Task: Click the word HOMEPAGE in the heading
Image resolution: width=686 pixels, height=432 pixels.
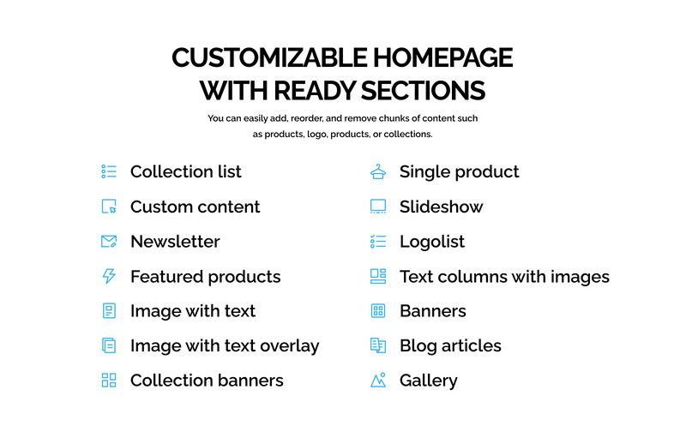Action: pyautogui.click(x=442, y=57)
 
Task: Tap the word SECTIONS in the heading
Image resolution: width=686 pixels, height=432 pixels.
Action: pyautogui.click(x=423, y=91)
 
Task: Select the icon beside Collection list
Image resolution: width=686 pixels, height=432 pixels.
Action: pyautogui.click(x=109, y=171)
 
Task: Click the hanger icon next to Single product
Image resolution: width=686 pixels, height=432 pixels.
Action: pyautogui.click(x=378, y=171)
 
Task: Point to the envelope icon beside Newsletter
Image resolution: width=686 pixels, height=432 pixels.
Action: pyautogui.click(x=109, y=242)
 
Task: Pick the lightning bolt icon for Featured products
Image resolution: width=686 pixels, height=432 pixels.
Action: pyautogui.click(x=109, y=276)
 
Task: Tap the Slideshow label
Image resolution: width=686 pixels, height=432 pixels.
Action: pyautogui.click(x=441, y=207)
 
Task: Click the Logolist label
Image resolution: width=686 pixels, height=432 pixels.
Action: pyautogui.click(x=432, y=242)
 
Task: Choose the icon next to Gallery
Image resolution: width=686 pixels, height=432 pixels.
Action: pyautogui.click(x=378, y=380)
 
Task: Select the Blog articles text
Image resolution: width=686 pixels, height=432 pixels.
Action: pyautogui.click(x=450, y=346)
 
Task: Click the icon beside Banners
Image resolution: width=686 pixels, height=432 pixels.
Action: pyautogui.click(x=378, y=311)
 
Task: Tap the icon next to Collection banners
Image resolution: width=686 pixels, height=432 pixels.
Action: pyautogui.click(x=109, y=381)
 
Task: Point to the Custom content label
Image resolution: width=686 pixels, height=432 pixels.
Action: pyautogui.click(x=196, y=207)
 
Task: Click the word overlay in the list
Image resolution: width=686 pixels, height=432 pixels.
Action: pyautogui.click(x=290, y=346)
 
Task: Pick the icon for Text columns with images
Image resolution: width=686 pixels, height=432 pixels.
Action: pyautogui.click(x=378, y=276)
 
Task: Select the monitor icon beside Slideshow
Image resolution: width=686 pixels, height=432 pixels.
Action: pyautogui.click(x=378, y=207)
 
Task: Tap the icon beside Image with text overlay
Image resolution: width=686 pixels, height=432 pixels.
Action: pyautogui.click(x=109, y=345)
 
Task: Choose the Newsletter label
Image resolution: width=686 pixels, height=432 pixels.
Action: pyautogui.click(x=175, y=242)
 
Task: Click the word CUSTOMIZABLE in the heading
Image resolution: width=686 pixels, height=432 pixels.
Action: pyautogui.click(x=269, y=57)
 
